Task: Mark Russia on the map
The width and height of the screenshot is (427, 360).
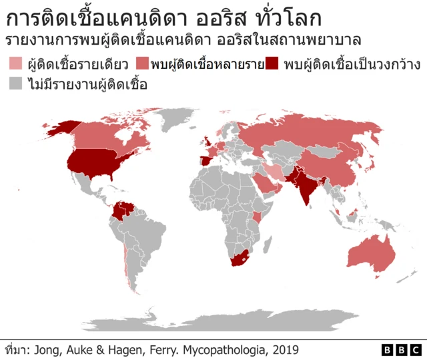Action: (x=314, y=134)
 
